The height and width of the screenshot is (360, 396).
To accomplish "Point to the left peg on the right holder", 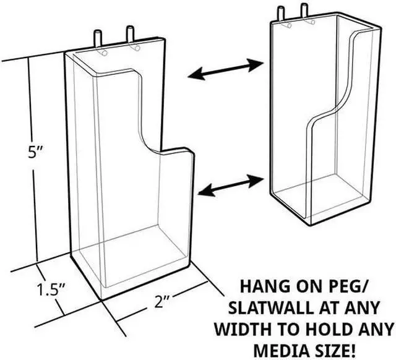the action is click(x=280, y=12).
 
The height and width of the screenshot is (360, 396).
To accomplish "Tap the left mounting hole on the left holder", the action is click(x=105, y=53).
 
